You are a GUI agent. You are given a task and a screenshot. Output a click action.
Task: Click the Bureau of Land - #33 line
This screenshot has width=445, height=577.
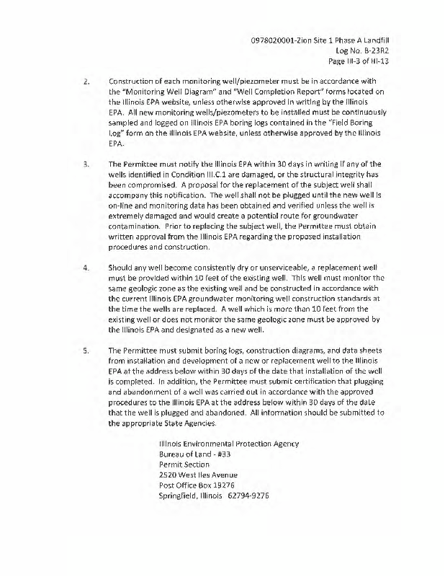pyautogui.click(x=194, y=454)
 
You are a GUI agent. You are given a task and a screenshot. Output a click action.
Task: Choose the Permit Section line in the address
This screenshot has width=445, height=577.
pyautogui.click(x=184, y=464)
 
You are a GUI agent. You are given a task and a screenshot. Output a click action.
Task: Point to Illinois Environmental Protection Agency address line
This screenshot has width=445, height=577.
pyautogui.click(x=228, y=443)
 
